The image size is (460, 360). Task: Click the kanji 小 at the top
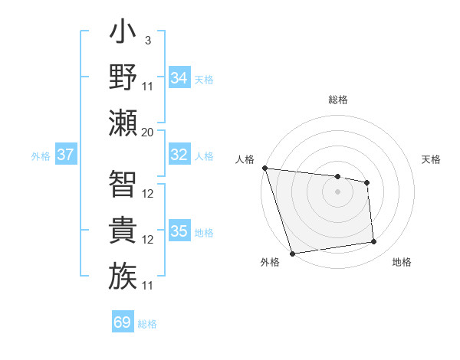123,35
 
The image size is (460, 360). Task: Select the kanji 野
123,77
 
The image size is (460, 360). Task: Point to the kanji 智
123,184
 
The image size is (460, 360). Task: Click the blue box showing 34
179,78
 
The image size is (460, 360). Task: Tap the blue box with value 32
179,155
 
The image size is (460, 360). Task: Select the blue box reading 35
179,231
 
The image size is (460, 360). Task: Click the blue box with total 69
123,322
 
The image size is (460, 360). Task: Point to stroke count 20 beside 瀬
148,132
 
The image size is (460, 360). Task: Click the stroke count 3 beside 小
147,41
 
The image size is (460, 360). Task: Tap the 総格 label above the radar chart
338,100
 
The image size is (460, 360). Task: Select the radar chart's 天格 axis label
432,159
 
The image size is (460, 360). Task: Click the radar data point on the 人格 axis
264,168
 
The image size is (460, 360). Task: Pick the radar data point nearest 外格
292,254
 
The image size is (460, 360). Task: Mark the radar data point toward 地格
374,242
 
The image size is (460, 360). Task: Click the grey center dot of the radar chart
337,191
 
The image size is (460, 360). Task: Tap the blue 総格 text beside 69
147,324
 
